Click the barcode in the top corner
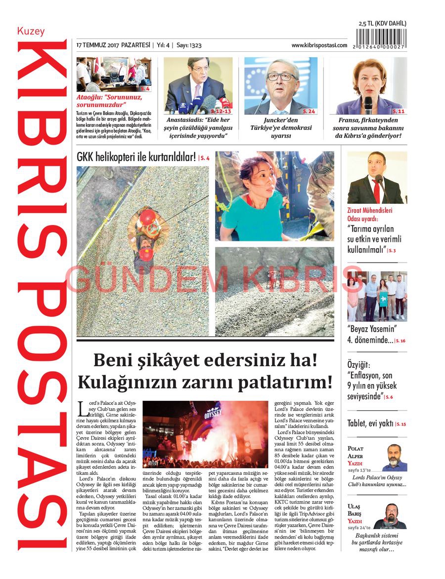[381, 39]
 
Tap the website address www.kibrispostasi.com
[319, 45]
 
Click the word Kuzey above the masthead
[31, 32]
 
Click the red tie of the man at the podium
[376, 190]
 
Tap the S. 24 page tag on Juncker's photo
[309, 111]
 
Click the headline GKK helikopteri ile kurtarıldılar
[136, 158]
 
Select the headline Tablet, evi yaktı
[370, 424]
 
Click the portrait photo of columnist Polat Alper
[394, 458]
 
